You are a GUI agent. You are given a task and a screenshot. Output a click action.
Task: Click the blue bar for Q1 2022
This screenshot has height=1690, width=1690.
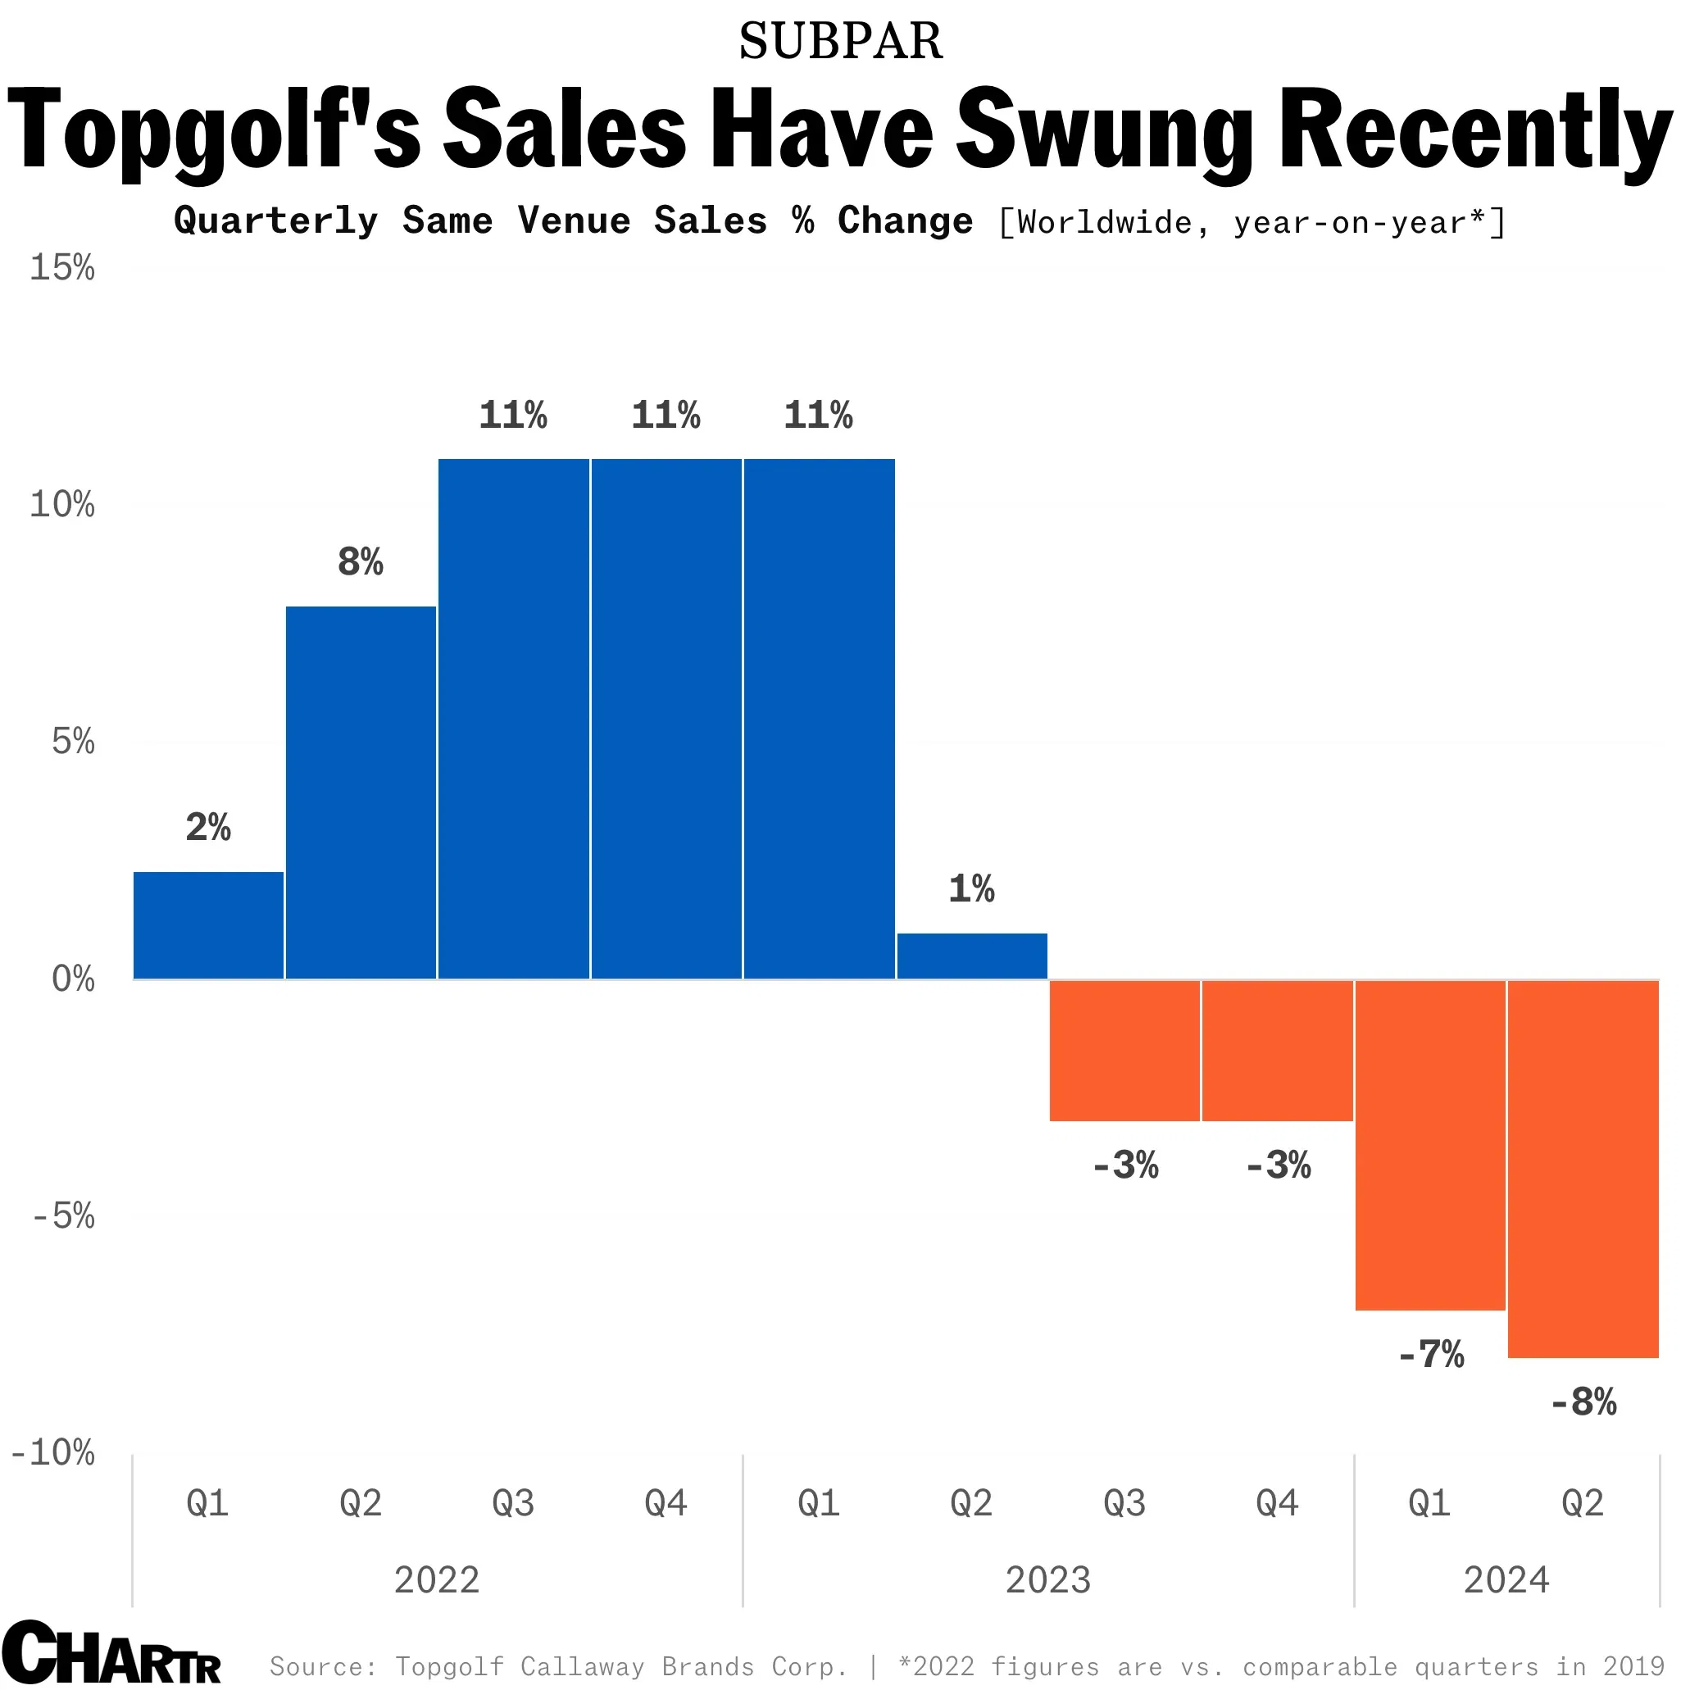[x=208, y=925]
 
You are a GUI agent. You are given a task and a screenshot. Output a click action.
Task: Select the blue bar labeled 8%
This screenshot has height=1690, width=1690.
[x=361, y=793]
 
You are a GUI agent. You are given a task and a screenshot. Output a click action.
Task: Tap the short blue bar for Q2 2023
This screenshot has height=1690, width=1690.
[x=972, y=956]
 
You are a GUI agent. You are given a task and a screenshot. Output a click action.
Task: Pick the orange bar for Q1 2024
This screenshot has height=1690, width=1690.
[x=1430, y=1145]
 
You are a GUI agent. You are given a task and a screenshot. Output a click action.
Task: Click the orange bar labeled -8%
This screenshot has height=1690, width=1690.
[x=1583, y=1169]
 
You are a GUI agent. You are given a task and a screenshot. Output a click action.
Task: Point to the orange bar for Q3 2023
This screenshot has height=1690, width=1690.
[x=1125, y=1051]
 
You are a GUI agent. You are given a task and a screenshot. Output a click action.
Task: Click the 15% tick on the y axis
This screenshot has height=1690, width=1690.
[x=61, y=268]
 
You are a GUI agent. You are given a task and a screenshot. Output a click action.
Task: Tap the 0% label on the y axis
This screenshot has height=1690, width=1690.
[x=73, y=979]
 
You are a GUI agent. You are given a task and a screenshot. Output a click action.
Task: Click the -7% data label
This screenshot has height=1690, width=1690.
[x=1431, y=1355]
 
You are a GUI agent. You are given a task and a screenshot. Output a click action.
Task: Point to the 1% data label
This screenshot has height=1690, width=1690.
[x=972, y=889]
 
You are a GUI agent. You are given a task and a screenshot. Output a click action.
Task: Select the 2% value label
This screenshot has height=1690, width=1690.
[x=208, y=828]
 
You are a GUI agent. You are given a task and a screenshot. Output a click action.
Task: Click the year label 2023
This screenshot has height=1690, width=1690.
[x=1048, y=1581]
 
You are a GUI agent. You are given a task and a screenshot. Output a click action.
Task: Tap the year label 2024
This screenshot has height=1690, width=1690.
[x=1506, y=1581]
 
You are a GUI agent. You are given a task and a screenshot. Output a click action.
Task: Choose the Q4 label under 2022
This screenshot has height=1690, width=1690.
[x=666, y=1504]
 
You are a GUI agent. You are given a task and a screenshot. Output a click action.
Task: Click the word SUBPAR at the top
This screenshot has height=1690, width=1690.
[x=841, y=41]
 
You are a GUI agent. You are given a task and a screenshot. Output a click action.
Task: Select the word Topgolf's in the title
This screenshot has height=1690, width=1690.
[x=213, y=129]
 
